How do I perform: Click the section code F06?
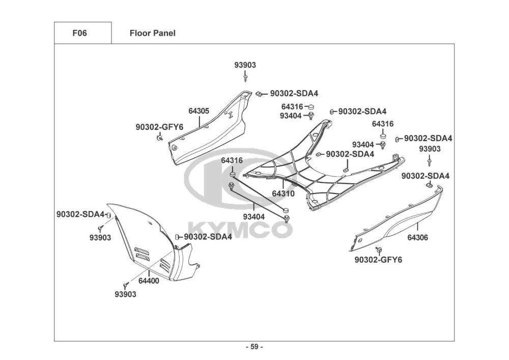tap(79, 33)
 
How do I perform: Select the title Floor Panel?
tap(153, 33)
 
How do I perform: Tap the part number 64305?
tap(199, 111)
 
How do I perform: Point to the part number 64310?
tap(284, 194)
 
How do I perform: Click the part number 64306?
tap(418, 238)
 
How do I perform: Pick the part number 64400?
tap(149, 281)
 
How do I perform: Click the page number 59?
tap(254, 347)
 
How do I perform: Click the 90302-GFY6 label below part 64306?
tap(378, 260)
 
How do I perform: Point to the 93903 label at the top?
tap(245, 65)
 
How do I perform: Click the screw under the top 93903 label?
tap(245, 77)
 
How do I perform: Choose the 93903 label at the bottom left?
tap(125, 294)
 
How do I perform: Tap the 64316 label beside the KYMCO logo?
tap(232, 161)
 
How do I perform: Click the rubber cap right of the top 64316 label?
tap(311, 106)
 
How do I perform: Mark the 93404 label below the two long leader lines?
tap(254, 216)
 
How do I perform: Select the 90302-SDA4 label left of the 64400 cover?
tap(80, 214)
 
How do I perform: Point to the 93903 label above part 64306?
tap(430, 149)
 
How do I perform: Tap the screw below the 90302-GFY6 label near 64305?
tap(159, 139)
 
